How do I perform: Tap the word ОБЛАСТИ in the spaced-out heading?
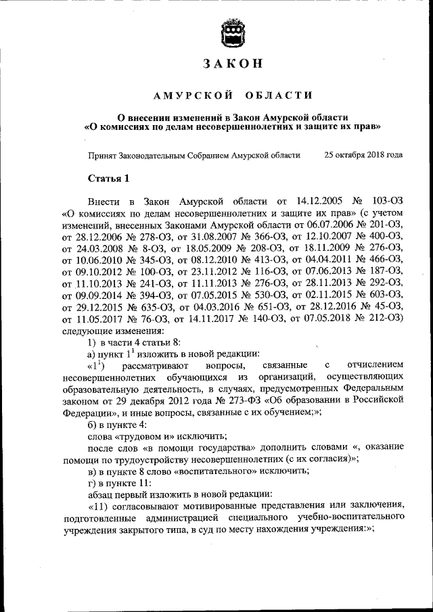[280, 95]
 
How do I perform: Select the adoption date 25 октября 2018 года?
[364, 155]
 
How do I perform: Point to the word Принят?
[103, 155]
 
